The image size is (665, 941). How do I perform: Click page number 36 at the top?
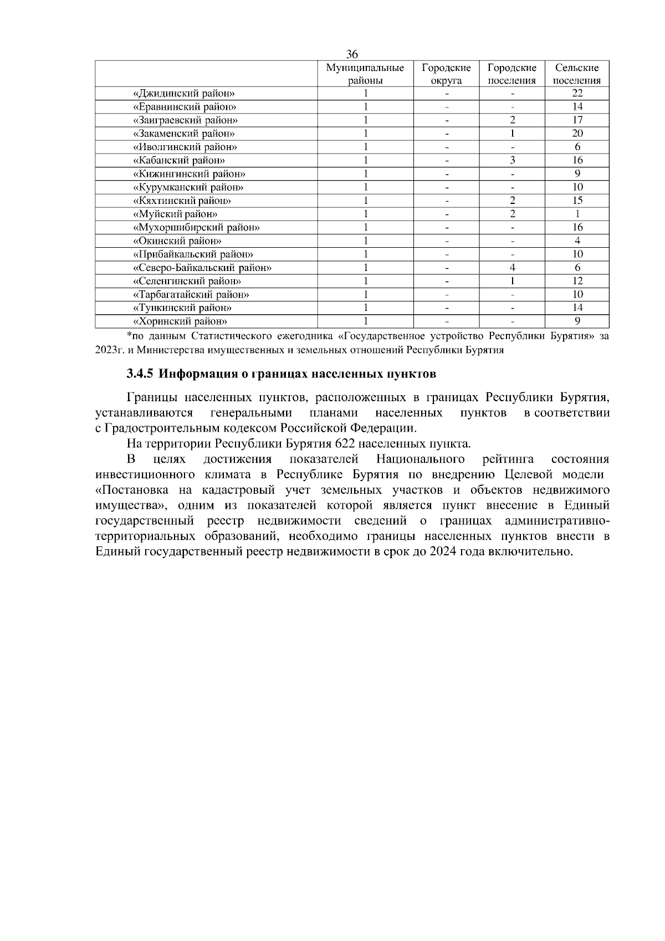click(x=352, y=54)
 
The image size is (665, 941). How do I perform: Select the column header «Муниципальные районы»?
click(x=365, y=74)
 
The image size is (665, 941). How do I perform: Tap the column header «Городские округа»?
click(x=446, y=74)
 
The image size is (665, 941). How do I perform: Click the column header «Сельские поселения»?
click(x=577, y=74)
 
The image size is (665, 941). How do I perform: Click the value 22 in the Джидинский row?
click(x=577, y=93)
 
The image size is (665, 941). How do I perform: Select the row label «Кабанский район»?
click(x=179, y=160)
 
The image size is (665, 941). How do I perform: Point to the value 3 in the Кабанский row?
click(x=512, y=160)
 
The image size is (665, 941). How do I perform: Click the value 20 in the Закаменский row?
click(x=577, y=134)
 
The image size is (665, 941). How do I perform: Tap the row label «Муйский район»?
click(x=176, y=214)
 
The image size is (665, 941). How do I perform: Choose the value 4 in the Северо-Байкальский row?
click(x=512, y=268)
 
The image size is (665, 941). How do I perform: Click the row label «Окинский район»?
click(x=177, y=241)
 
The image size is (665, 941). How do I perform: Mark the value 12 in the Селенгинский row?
click(x=577, y=281)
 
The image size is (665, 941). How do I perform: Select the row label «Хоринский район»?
click(x=181, y=321)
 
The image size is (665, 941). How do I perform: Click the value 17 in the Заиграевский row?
click(x=577, y=120)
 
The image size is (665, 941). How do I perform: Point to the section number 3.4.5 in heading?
click(x=139, y=374)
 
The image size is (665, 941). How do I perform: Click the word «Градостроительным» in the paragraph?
click(x=159, y=428)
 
